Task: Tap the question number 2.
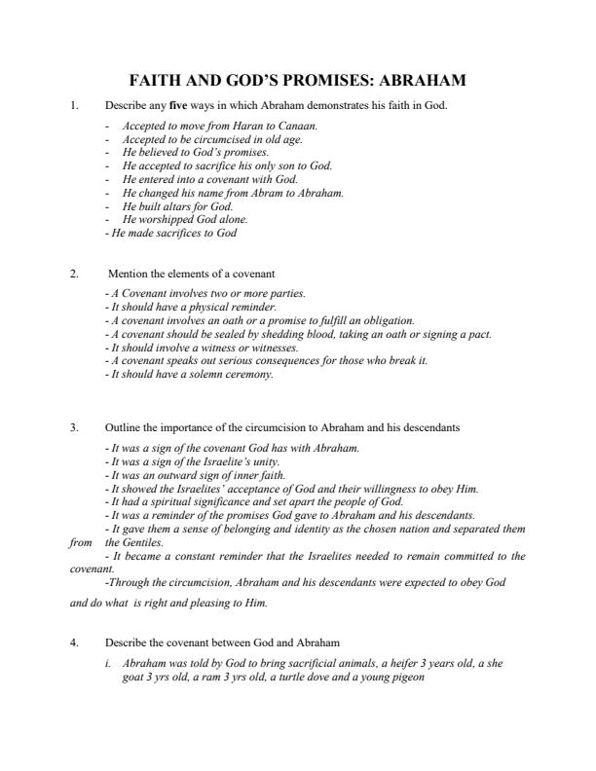tap(74, 274)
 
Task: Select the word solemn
tap(200, 373)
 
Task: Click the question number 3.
tap(74, 427)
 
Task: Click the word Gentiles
tap(143, 542)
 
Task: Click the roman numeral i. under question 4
tap(110, 662)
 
